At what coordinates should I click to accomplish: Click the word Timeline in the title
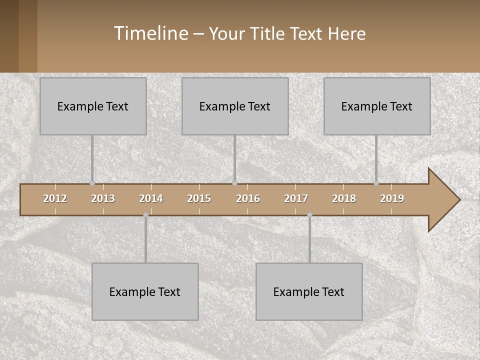point(150,33)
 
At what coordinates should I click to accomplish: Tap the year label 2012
point(55,198)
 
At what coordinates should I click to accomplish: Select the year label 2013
point(103,198)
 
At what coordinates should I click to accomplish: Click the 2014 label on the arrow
point(151,198)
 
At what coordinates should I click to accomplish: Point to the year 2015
point(199,198)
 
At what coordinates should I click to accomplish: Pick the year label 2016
point(248,198)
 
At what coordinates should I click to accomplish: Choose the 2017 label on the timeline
point(296,198)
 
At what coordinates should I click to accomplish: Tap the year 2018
point(344,198)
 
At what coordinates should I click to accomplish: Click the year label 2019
point(392,198)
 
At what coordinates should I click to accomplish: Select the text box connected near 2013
point(93,106)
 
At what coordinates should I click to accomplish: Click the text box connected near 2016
point(235,106)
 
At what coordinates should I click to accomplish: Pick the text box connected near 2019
point(377,106)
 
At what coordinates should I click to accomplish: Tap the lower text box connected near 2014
point(145,291)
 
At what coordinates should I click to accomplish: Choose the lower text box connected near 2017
point(309,291)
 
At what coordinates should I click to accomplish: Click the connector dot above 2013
point(92,183)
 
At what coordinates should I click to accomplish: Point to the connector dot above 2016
point(234,183)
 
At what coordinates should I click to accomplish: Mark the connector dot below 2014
point(145,215)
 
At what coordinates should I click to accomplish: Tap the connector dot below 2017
point(309,215)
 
